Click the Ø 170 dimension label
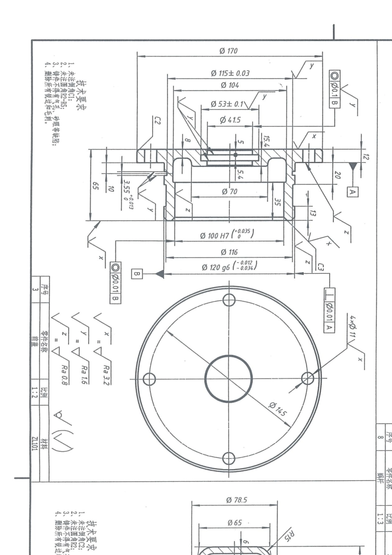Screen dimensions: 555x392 coord(229,51)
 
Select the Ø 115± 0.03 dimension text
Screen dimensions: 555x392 coord(230,73)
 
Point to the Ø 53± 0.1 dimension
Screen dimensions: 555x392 coord(227,104)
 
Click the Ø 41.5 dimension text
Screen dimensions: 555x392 coord(230,120)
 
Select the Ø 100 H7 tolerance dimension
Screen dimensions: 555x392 coord(227,235)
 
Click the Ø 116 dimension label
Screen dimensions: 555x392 coord(229,251)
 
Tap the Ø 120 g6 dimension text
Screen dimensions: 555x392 coord(229,266)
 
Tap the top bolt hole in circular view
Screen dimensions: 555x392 coord(229,299)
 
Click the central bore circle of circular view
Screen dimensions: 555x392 coord(228,378)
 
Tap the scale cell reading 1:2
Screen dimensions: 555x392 coord(36,391)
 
